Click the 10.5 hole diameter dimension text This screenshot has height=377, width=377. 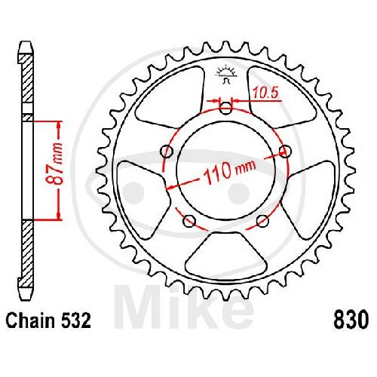[x=265, y=93]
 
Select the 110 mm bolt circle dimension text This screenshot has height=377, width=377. [x=229, y=171]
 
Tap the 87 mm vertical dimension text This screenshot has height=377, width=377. [x=54, y=164]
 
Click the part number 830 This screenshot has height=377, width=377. [x=351, y=320]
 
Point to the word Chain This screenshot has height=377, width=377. [x=30, y=320]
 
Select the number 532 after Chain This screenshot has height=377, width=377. [x=75, y=320]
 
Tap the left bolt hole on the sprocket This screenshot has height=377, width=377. [x=167, y=151]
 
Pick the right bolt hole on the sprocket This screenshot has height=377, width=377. [x=286, y=152]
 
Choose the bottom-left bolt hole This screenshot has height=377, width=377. [x=189, y=221]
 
